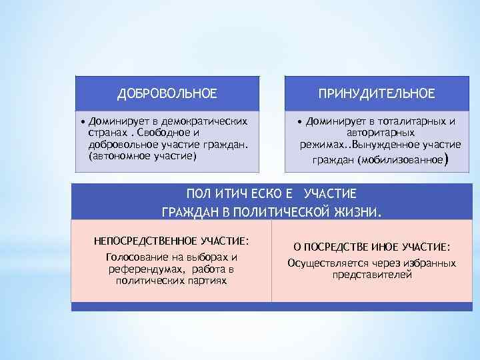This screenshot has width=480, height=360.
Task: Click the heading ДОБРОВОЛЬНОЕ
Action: pos(167,93)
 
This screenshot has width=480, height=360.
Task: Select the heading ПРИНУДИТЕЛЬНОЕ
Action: pos(377,93)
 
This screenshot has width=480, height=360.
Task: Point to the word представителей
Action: pos(372,274)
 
